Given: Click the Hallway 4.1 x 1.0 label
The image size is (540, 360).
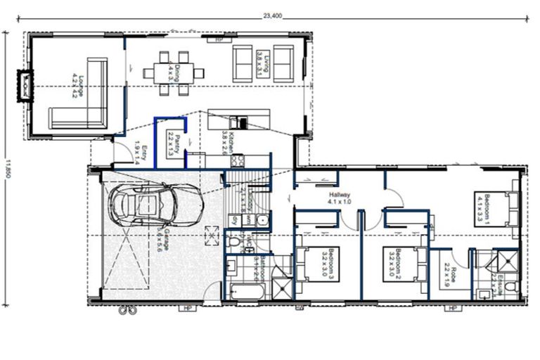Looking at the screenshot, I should (339, 198).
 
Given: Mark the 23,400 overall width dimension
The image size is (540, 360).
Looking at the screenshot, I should (273, 13).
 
